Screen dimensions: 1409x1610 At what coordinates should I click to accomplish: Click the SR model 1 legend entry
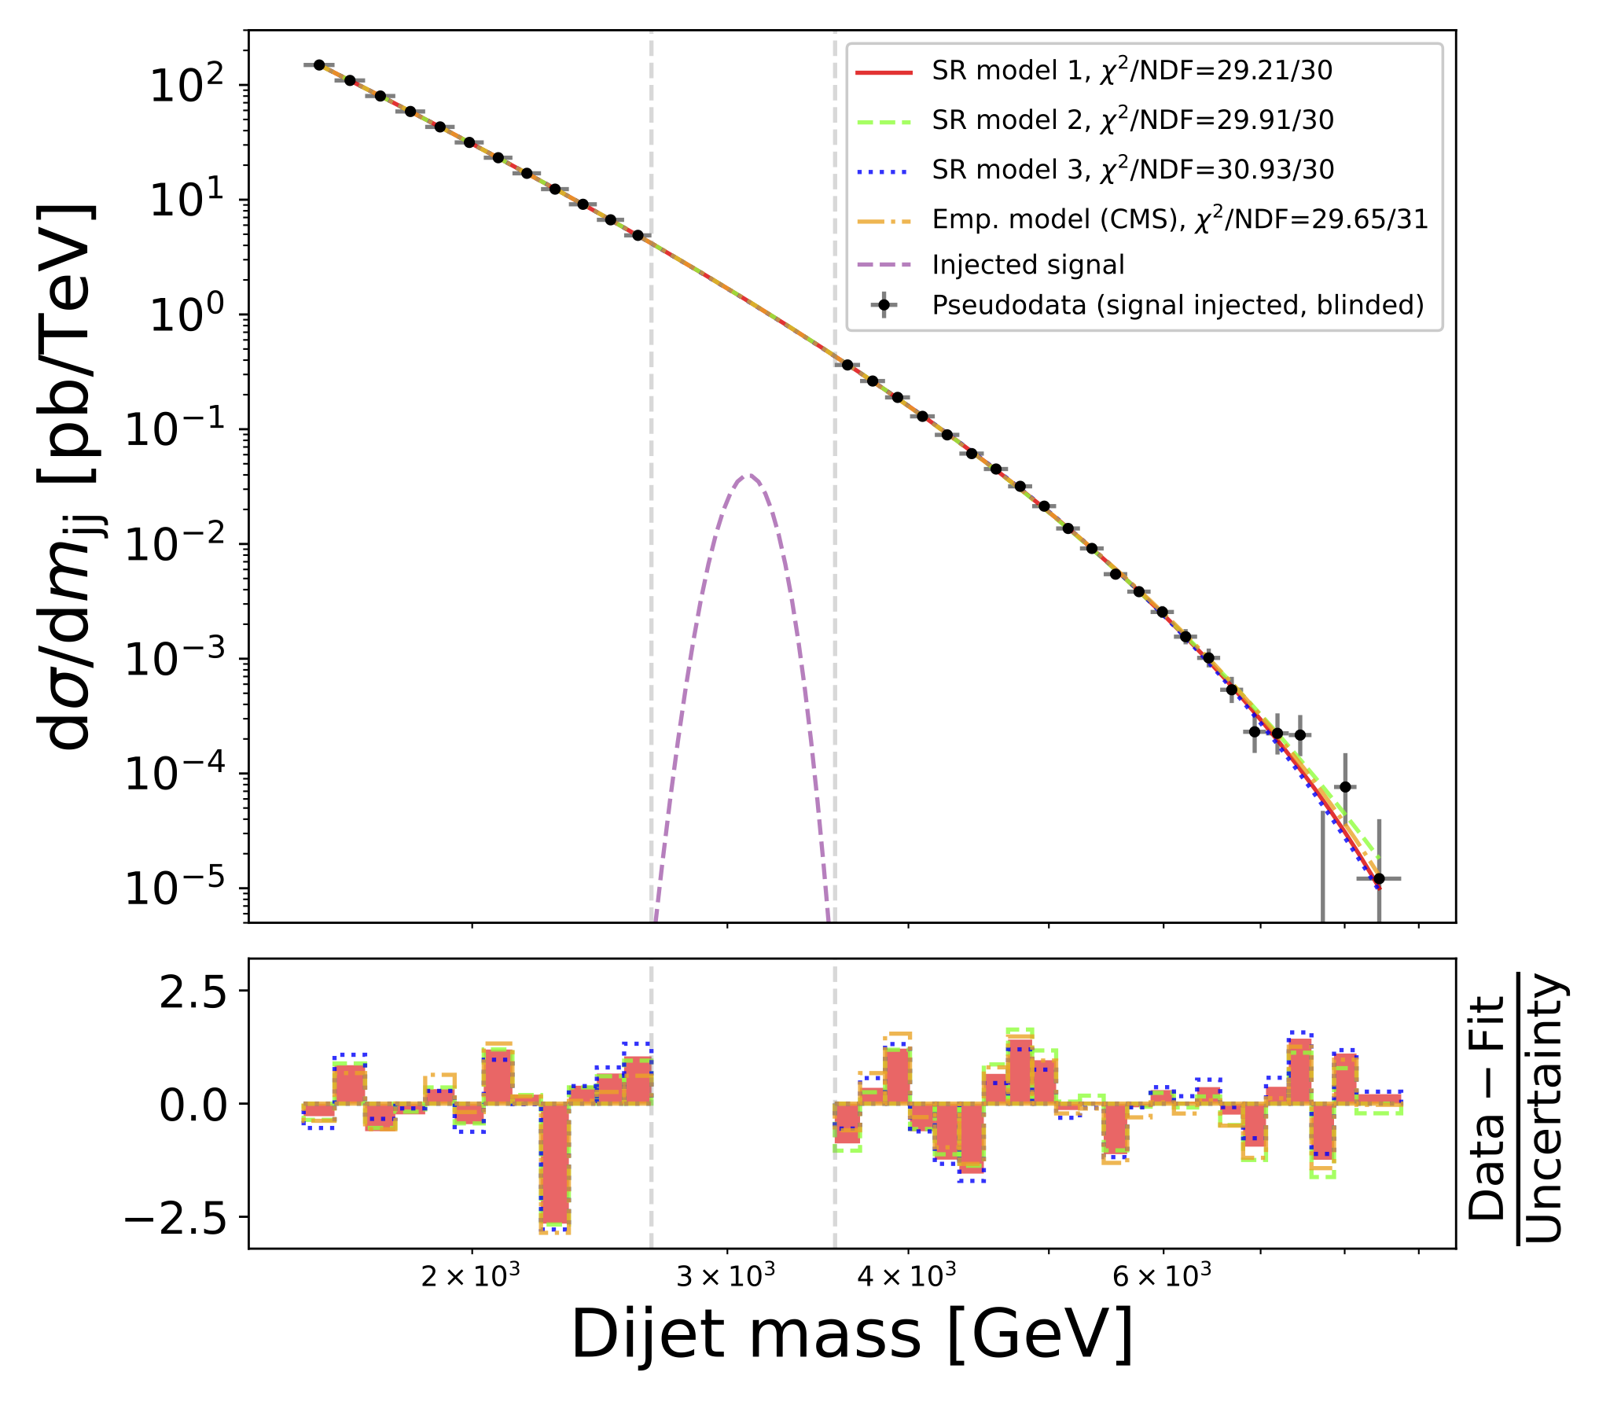1132,72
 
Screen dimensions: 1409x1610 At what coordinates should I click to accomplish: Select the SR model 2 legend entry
1132,121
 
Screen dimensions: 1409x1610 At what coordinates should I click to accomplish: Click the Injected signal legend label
1028,265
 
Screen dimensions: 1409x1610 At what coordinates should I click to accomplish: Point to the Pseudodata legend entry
1178,305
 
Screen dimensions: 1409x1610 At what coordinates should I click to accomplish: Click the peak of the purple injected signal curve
748,476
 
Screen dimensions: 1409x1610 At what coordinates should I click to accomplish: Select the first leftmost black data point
319,65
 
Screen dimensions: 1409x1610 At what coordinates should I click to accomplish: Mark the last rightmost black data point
1379,878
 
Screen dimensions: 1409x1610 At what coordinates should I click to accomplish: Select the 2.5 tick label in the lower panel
193,993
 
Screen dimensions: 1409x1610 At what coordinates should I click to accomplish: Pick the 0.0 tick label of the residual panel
193,1105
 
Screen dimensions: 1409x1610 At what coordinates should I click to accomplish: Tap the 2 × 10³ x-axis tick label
471,1275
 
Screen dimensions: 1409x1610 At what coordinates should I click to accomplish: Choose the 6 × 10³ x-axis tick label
1162,1275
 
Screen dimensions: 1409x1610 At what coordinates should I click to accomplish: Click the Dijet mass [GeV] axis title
852,1335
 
